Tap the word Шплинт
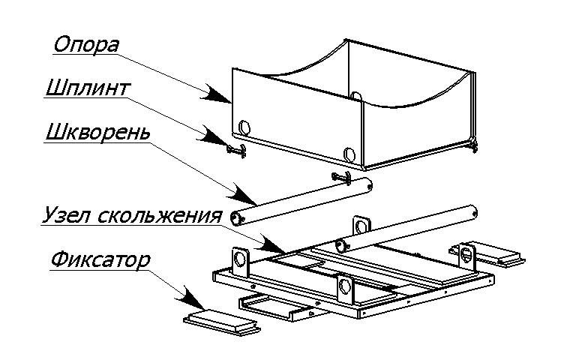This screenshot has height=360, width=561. pos(87,88)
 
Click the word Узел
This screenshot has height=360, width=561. pos(63,216)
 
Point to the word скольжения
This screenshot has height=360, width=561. pos(158,216)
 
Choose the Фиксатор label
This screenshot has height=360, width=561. pos(101,260)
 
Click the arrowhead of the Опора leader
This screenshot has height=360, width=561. pos(221,96)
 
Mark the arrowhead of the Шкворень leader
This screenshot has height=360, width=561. pos(247,200)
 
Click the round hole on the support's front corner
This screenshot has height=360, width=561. pos(348,154)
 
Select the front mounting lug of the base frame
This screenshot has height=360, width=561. pos(345,286)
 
